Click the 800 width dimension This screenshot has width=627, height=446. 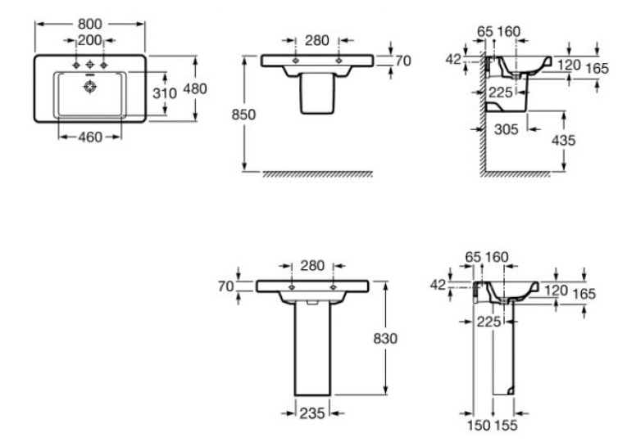point(90,24)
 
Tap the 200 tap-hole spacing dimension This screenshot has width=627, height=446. point(89,40)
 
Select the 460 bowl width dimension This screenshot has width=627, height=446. point(90,137)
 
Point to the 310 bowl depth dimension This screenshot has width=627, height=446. point(165,93)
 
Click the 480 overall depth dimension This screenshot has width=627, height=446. point(195,88)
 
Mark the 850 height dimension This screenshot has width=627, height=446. point(243,115)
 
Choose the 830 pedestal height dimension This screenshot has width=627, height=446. point(385,339)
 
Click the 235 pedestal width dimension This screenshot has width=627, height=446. point(312,413)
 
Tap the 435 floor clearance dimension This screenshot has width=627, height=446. point(563,140)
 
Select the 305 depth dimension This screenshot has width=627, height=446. point(507,129)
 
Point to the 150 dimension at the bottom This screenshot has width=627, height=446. point(479,426)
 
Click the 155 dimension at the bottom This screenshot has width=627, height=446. point(506,426)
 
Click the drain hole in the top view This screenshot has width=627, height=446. point(90,86)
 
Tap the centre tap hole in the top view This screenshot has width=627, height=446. point(90,65)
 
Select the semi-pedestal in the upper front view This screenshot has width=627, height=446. point(317,93)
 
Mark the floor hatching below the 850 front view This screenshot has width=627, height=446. point(317,174)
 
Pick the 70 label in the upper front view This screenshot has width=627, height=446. point(403,61)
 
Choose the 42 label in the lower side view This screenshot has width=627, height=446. point(438,285)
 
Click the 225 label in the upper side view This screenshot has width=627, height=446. point(501,92)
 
